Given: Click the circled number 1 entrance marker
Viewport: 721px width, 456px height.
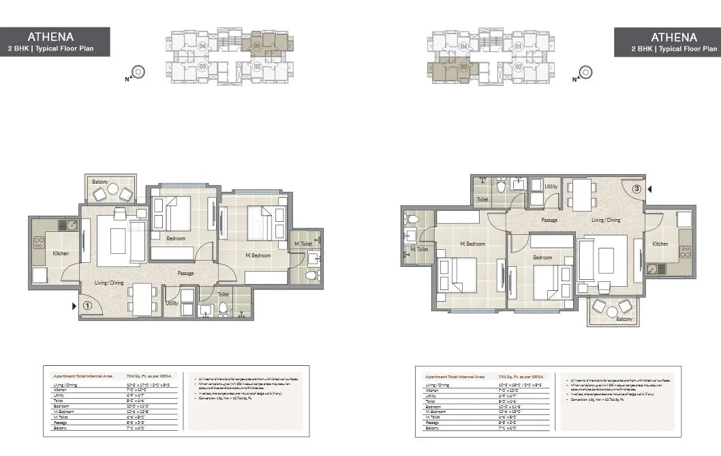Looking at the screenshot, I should tap(87, 307).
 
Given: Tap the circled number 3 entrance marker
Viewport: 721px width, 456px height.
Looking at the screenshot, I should tap(636, 189).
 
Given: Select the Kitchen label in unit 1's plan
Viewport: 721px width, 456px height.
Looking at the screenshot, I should tap(61, 254).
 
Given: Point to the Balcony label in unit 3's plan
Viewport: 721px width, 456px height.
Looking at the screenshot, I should tap(624, 319).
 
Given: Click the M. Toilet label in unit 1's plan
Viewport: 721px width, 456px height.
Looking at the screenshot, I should tap(303, 244).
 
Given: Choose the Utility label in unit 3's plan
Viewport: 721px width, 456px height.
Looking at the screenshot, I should tap(551, 186).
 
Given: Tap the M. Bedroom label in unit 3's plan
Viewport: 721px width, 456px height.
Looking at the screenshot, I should tap(472, 244).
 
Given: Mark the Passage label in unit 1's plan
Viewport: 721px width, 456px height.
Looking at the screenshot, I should tap(185, 274).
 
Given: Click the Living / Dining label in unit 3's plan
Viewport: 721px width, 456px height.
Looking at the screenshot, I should tap(606, 220).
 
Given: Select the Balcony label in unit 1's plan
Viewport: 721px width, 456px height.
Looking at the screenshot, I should tap(100, 182).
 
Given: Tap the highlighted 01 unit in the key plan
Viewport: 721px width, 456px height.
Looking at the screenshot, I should tap(257, 47).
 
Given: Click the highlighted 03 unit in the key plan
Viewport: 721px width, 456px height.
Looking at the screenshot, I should tap(463, 67).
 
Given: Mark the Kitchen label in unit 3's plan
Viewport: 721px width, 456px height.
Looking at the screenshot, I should tap(660, 244).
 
